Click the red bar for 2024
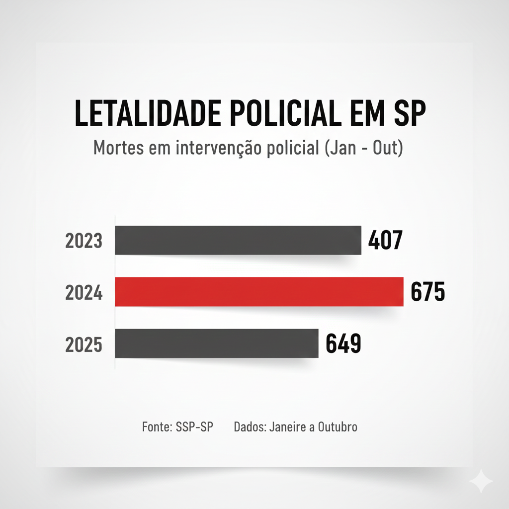pyautogui.click(x=258, y=292)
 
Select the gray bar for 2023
pyautogui.click(x=238, y=240)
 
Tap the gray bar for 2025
pyautogui.click(x=216, y=343)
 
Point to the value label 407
pyautogui.click(x=385, y=241)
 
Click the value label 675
pyautogui.click(x=428, y=292)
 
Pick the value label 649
pyautogui.click(x=343, y=344)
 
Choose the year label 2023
pyautogui.click(x=84, y=241)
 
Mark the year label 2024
pyautogui.click(x=84, y=293)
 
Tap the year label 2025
pyautogui.click(x=84, y=344)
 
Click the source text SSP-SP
pyautogui.click(x=194, y=427)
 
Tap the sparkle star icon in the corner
pyautogui.click(x=481, y=481)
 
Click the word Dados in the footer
pyautogui.click(x=249, y=427)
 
